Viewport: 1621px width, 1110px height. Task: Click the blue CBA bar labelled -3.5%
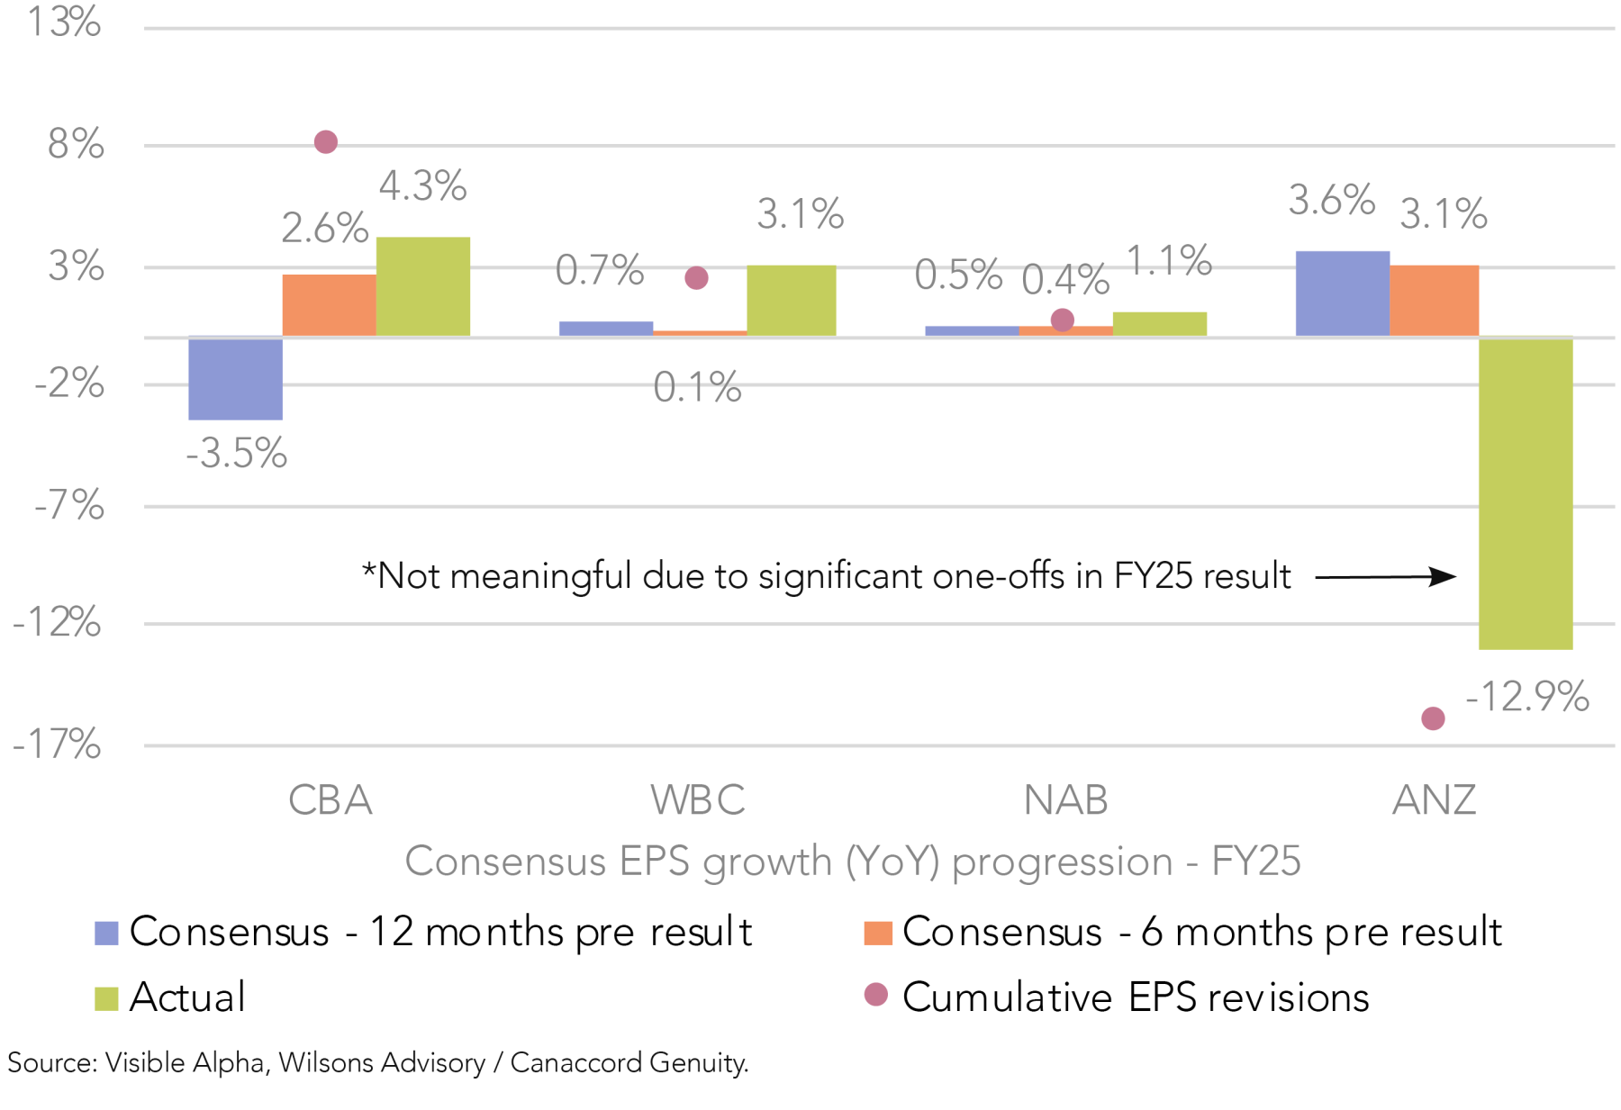tap(235, 378)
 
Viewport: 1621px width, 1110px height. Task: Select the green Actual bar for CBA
tap(422, 287)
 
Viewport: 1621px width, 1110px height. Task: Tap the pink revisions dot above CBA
tap(326, 142)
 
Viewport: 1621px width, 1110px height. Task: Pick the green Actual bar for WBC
tap(791, 301)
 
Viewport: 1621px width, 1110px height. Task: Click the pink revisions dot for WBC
tap(696, 278)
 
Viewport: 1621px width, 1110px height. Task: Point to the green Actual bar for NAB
tap(1159, 324)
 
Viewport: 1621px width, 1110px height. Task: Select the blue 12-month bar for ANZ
tap(1342, 293)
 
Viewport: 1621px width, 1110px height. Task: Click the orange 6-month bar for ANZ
tap(1434, 301)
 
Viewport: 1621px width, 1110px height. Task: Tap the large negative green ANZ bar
tap(1526, 493)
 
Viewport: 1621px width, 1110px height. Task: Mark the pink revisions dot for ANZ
tap(1433, 718)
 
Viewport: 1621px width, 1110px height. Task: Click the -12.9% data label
tap(1527, 697)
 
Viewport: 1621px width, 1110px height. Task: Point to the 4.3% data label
tap(422, 186)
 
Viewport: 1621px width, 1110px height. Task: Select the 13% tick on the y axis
tap(64, 22)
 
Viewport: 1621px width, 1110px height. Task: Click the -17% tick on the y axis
tap(57, 745)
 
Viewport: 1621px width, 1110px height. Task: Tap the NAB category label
tap(1065, 800)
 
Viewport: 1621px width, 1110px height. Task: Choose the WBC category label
tap(698, 800)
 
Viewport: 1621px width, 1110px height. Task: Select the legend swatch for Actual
tap(106, 998)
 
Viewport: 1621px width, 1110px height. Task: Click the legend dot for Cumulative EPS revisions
tap(875, 995)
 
